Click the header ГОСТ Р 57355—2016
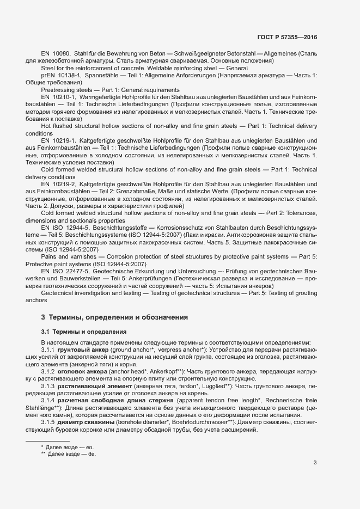point(287,38)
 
